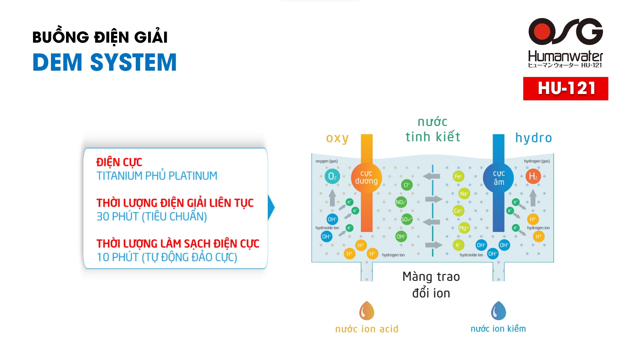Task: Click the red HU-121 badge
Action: coord(565,89)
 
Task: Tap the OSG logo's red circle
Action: coord(542,31)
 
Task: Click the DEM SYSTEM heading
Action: coord(104,62)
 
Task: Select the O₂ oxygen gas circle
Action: coord(332,176)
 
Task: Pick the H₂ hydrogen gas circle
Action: coord(533,176)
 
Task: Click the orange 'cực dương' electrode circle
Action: coord(366,177)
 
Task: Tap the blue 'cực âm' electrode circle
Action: coord(499,178)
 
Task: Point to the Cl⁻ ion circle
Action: coord(407,185)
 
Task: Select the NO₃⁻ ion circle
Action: coord(401,202)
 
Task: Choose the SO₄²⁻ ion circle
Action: coord(406,219)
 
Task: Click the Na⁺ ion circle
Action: coord(464,194)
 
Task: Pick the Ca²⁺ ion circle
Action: coord(458,211)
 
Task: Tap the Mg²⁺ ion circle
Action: coord(464,228)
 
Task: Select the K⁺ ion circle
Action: coord(458,245)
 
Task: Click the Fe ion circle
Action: coord(458,176)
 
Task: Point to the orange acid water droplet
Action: coord(367,311)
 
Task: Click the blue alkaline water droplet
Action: coord(498,311)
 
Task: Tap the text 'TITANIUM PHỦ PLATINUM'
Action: coord(157,176)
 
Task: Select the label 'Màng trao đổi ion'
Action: coord(431,285)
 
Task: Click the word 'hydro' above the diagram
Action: coord(533,138)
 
